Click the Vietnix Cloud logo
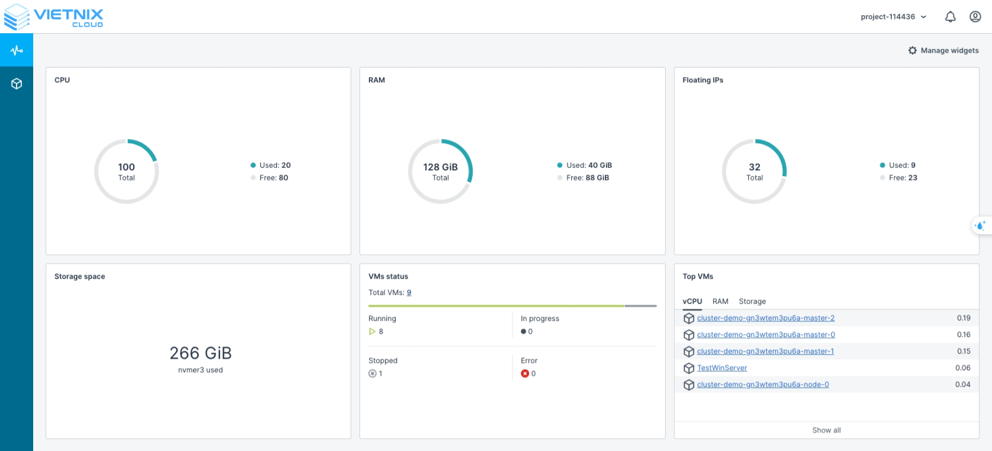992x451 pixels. coord(54,17)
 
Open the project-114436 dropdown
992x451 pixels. coord(893,17)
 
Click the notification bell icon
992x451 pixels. coord(950,17)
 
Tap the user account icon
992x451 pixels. coord(975,17)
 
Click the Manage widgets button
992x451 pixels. coord(943,50)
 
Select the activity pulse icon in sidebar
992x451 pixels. coord(17,50)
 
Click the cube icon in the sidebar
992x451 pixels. coord(17,84)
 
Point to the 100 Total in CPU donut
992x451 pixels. coord(126,172)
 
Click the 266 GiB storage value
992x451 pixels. coord(200,353)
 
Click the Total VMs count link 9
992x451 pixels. coord(409,293)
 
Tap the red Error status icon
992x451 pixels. coord(525,374)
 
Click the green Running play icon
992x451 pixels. coord(372,331)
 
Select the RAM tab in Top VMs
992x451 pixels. coord(720,302)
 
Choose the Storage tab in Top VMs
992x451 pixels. coord(752,302)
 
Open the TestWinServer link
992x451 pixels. coord(722,368)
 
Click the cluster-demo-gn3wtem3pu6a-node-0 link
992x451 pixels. coord(763,385)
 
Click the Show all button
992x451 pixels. coord(826,430)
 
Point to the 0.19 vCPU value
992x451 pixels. coord(963,318)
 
